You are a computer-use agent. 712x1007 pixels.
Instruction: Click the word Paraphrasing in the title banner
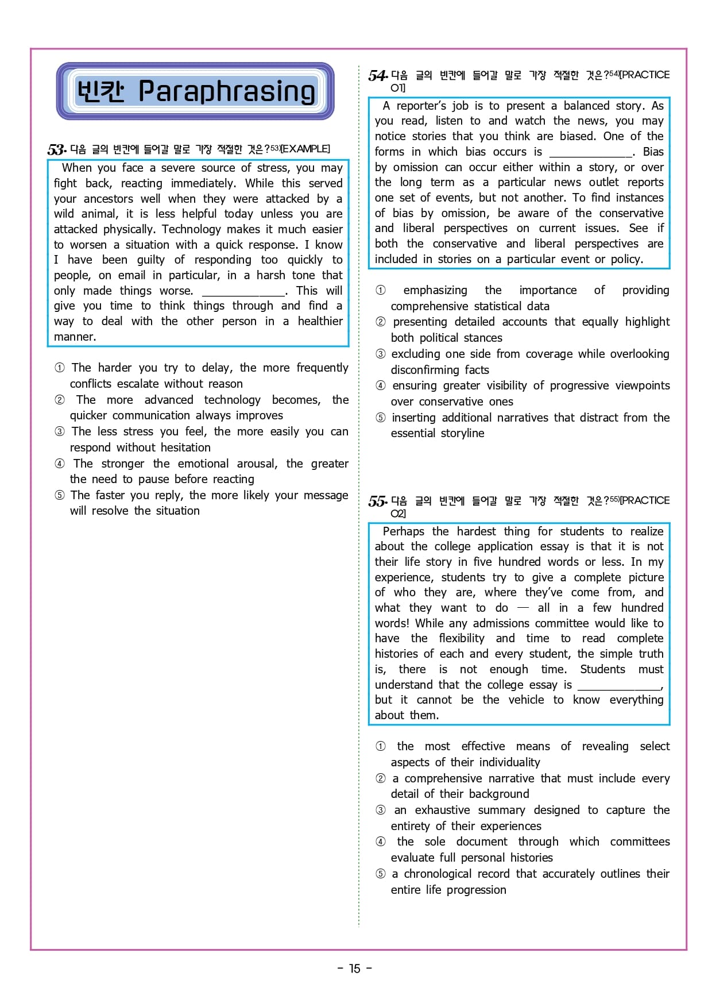point(227,91)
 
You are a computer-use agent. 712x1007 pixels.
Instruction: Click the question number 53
point(56,150)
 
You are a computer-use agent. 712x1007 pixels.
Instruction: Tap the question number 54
point(377,76)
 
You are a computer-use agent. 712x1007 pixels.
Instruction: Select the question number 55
point(377,501)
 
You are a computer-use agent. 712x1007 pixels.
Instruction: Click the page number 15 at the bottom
point(355,969)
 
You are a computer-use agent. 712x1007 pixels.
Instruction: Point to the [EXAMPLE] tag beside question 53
point(305,149)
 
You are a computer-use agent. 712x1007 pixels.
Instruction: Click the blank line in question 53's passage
point(243,291)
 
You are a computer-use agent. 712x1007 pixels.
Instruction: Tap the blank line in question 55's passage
point(619,685)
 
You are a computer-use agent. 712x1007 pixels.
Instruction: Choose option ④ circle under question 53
point(60,464)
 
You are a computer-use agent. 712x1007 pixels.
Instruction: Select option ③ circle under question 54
point(381,354)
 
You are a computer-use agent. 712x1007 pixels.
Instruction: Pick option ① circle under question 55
point(381,746)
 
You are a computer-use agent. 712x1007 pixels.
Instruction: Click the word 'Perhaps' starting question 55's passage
point(403,531)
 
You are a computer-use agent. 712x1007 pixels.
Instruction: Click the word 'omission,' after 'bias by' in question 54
point(464,213)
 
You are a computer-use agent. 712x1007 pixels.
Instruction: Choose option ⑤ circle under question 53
point(60,495)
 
